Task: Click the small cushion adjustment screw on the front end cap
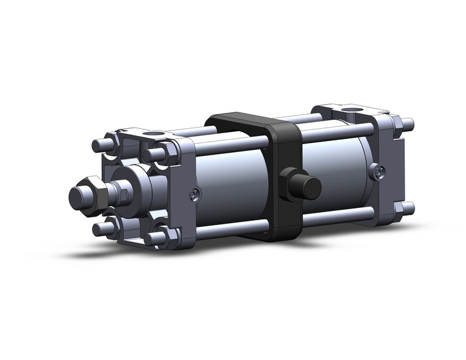point(194,194)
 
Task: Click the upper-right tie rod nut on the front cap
point(164,153)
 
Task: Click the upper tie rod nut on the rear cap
point(397,126)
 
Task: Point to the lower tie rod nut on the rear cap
point(399,209)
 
